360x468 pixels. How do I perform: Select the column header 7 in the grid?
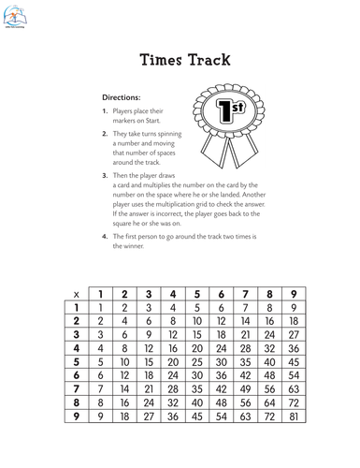point(245,294)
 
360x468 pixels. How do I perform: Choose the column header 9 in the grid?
point(295,294)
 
